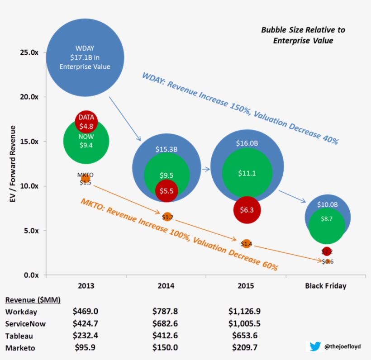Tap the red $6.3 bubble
[247, 210]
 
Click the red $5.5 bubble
[166, 191]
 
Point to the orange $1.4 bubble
[246, 244]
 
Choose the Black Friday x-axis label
[325, 286]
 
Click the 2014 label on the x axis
[166, 286]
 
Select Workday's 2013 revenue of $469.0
[85, 311]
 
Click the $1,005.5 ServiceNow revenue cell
[245, 323]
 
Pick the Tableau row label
[19, 336]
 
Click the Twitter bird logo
[315, 346]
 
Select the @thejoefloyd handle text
[342, 347]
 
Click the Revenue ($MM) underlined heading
[33, 300]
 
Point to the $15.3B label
[166, 149]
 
